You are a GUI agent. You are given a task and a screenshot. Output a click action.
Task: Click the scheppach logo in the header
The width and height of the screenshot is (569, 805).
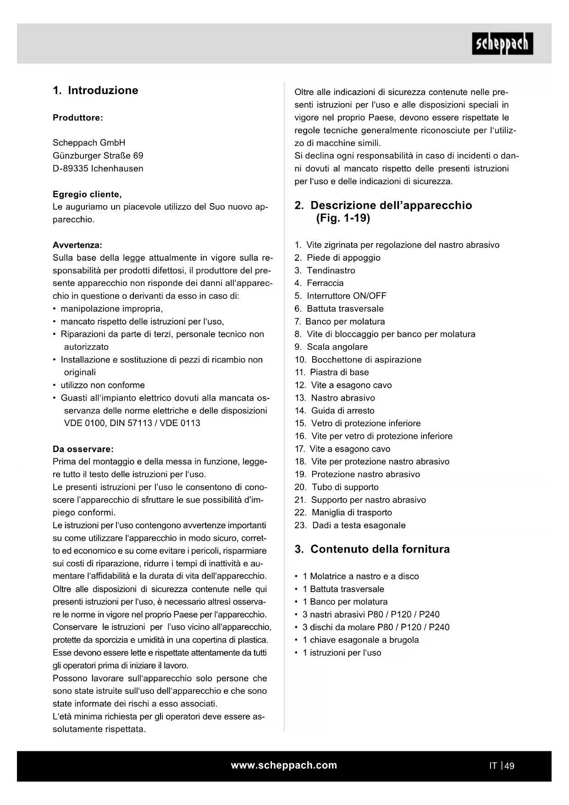point(502,44)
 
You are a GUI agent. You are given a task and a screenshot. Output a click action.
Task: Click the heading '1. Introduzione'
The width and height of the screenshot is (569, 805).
point(95,90)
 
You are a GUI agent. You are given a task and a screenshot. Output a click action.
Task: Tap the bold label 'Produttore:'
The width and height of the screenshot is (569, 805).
point(78,117)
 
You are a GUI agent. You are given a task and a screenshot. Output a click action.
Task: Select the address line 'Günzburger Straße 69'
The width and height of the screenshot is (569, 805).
point(98,156)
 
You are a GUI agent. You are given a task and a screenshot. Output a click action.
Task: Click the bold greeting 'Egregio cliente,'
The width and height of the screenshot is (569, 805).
point(87,194)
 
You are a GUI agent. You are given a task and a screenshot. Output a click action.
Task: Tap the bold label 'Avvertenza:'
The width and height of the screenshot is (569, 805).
point(77,245)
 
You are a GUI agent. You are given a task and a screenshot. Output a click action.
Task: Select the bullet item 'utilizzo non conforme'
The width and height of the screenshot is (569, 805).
point(103,385)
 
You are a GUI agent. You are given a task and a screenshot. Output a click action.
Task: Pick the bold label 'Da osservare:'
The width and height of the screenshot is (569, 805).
point(83,449)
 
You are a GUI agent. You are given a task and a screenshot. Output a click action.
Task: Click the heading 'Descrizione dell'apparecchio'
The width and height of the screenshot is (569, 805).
point(391,205)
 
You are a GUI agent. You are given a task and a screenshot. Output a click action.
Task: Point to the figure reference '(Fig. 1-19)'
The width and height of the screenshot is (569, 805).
point(343,218)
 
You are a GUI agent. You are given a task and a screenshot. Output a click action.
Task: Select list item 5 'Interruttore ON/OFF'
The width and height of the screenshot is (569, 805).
point(346,296)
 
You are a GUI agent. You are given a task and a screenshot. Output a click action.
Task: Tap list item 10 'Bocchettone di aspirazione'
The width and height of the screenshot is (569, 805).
point(366,360)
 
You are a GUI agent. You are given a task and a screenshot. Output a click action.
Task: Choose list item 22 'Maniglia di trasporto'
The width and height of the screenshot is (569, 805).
point(352,513)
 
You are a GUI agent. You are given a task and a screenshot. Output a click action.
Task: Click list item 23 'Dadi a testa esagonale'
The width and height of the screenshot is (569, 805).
point(359,525)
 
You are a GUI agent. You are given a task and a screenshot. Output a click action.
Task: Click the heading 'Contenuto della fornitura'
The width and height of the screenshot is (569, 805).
point(380,549)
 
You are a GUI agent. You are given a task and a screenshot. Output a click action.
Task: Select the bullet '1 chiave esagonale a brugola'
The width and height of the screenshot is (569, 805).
point(360,640)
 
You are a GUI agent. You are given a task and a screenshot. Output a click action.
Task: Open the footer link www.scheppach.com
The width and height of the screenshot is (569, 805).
point(284,766)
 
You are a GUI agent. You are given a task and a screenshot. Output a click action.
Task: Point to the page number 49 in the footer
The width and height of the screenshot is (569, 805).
point(509,766)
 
